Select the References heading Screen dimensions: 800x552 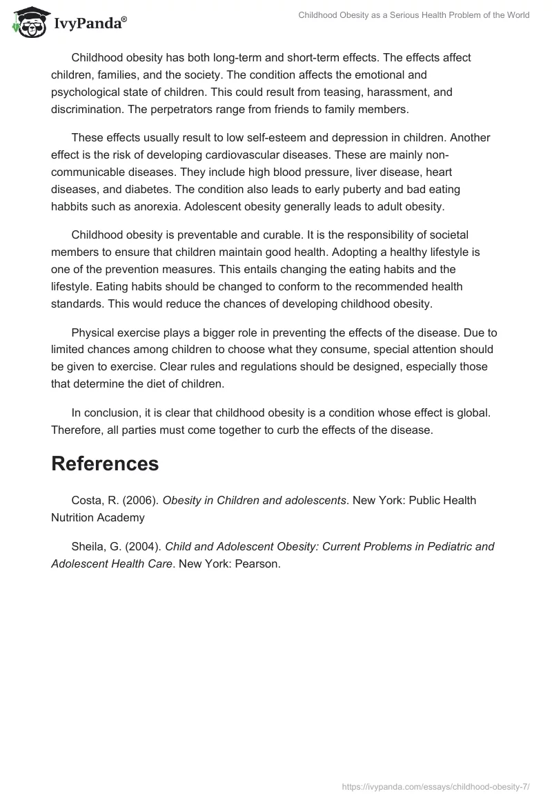point(105,463)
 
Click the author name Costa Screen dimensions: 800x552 point(88,500)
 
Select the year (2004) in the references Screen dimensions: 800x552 point(141,546)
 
